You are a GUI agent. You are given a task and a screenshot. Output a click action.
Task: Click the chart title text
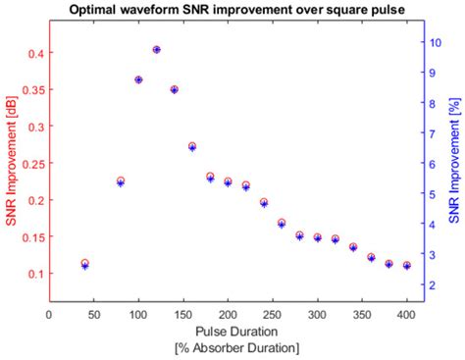click(x=232, y=11)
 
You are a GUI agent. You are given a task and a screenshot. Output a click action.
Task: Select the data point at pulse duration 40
click(x=84, y=264)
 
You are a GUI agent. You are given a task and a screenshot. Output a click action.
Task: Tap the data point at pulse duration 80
click(x=121, y=181)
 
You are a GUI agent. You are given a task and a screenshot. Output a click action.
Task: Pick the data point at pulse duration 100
click(x=138, y=79)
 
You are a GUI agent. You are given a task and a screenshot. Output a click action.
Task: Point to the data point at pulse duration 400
click(x=406, y=266)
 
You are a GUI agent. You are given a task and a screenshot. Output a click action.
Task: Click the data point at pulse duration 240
click(x=264, y=203)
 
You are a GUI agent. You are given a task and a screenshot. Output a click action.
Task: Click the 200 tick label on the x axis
click(x=228, y=315)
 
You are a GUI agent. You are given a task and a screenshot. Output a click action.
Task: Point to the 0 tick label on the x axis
click(x=49, y=315)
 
